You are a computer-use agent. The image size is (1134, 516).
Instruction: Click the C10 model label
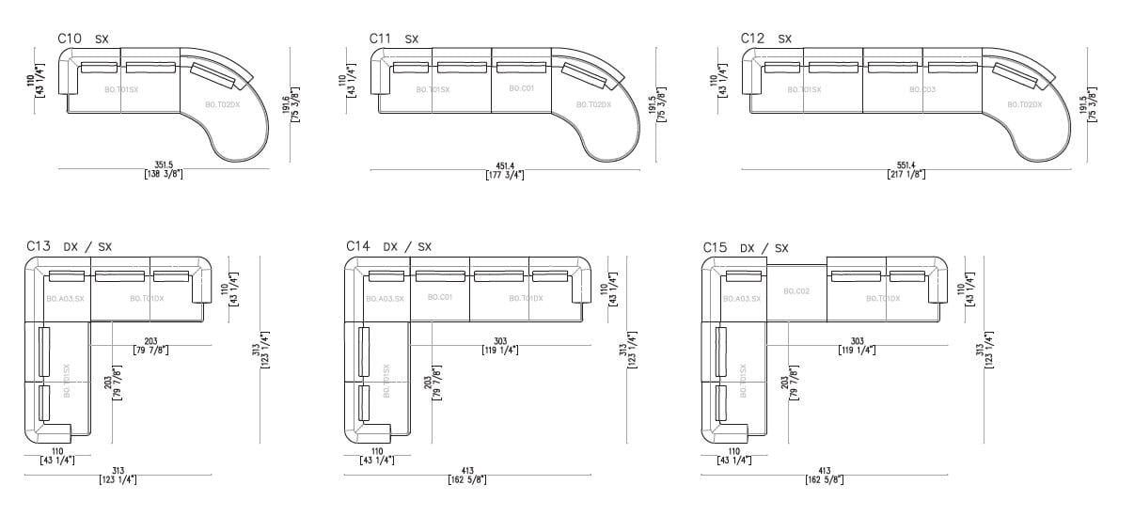click(71, 39)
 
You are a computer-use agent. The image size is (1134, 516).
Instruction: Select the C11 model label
click(381, 39)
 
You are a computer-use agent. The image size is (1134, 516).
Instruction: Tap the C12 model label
click(752, 39)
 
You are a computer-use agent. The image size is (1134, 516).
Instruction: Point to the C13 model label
click(39, 246)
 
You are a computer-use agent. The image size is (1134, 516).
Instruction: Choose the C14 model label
click(358, 246)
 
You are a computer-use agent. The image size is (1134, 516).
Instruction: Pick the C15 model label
click(716, 247)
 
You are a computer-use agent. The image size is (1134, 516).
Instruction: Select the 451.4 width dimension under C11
click(505, 164)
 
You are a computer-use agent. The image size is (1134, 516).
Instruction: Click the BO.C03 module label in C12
click(921, 89)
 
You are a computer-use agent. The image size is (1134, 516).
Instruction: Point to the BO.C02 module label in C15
click(796, 291)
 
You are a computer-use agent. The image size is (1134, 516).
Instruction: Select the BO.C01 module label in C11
click(521, 88)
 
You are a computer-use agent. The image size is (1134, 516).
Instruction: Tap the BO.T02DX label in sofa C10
click(223, 104)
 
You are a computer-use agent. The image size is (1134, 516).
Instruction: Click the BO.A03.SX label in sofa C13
click(65, 299)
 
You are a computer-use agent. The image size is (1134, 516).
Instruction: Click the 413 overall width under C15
click(825, 471)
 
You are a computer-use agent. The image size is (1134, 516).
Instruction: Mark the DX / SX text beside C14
click(407, 247)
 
